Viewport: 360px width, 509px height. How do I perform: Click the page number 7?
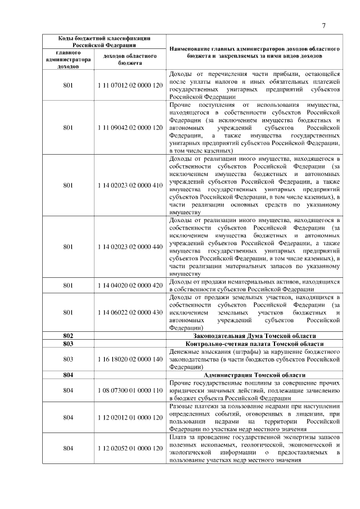325,25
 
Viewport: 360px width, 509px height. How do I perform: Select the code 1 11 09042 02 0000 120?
130,128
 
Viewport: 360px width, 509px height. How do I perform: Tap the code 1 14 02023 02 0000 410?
130,185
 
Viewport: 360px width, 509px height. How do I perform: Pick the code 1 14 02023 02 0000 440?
130,246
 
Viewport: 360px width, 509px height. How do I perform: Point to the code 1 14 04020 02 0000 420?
130,285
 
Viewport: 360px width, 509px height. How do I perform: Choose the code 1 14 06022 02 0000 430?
130,312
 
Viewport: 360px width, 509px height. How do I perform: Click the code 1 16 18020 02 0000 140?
130,359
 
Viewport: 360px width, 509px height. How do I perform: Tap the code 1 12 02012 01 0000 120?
130,418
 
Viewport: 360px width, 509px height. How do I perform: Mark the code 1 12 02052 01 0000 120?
130,448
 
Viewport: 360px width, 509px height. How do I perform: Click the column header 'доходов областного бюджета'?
130,59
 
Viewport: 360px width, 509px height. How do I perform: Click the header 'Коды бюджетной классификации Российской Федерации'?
104,41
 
